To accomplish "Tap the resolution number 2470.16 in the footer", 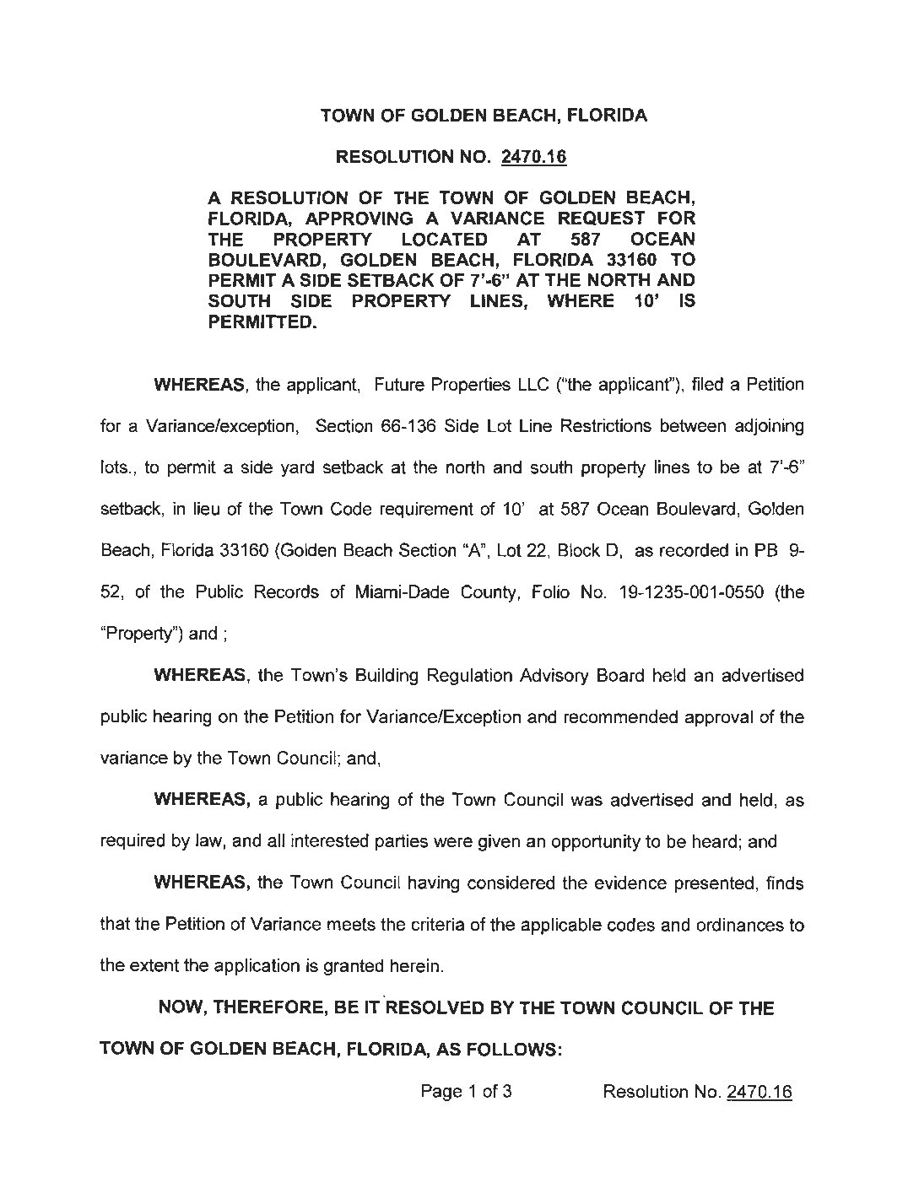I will click(x=759, y=1092).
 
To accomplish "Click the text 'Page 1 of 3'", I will click(x=466, y=1092).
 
